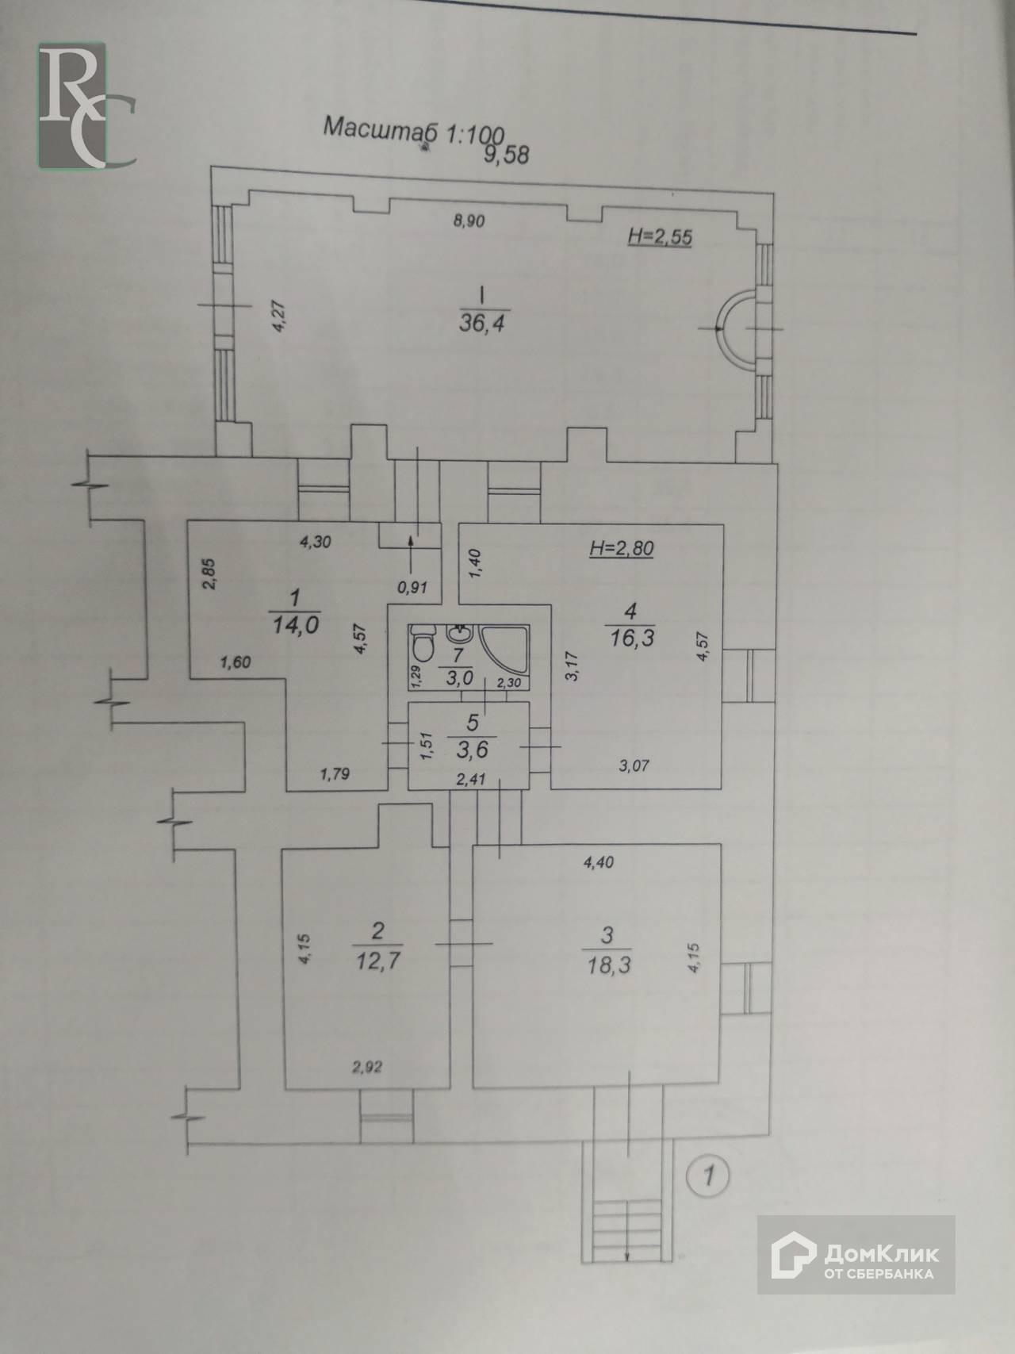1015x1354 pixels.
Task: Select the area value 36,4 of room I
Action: click(483, 323)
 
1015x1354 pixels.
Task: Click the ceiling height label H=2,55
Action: click(658, 236)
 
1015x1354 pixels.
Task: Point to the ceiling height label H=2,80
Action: click(622, 547)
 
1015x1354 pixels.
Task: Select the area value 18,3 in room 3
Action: click(607, 965)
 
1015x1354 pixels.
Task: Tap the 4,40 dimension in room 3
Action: click(599, 864)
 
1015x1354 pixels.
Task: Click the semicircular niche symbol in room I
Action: click(734, 327)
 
